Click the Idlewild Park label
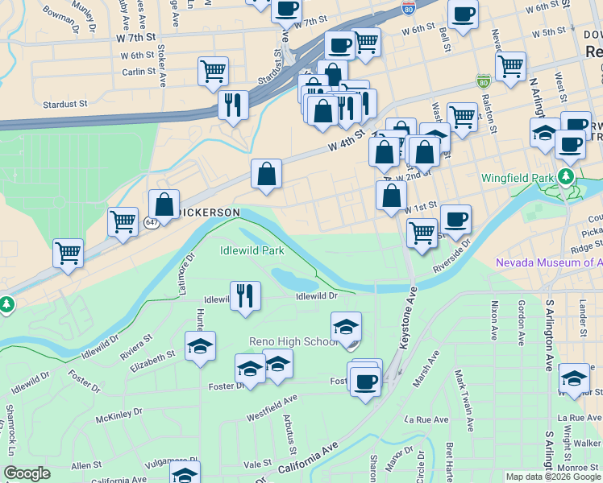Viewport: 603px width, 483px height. [252, 250]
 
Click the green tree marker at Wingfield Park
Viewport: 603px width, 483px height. [569, 175]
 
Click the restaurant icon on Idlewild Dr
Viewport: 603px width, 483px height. [244, 295]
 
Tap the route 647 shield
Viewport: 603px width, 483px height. [151, 221]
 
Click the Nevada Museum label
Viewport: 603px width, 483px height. [548, 262]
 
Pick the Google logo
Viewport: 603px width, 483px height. [27, 474]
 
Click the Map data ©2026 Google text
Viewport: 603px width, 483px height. [552, 477]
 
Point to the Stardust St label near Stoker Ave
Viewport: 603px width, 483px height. [64, 104]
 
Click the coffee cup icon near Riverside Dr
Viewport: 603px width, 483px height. [455, 219]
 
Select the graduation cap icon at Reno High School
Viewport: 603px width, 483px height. [346, 327]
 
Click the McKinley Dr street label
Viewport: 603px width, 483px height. [119, 415]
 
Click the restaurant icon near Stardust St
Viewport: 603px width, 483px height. [234, 104]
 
